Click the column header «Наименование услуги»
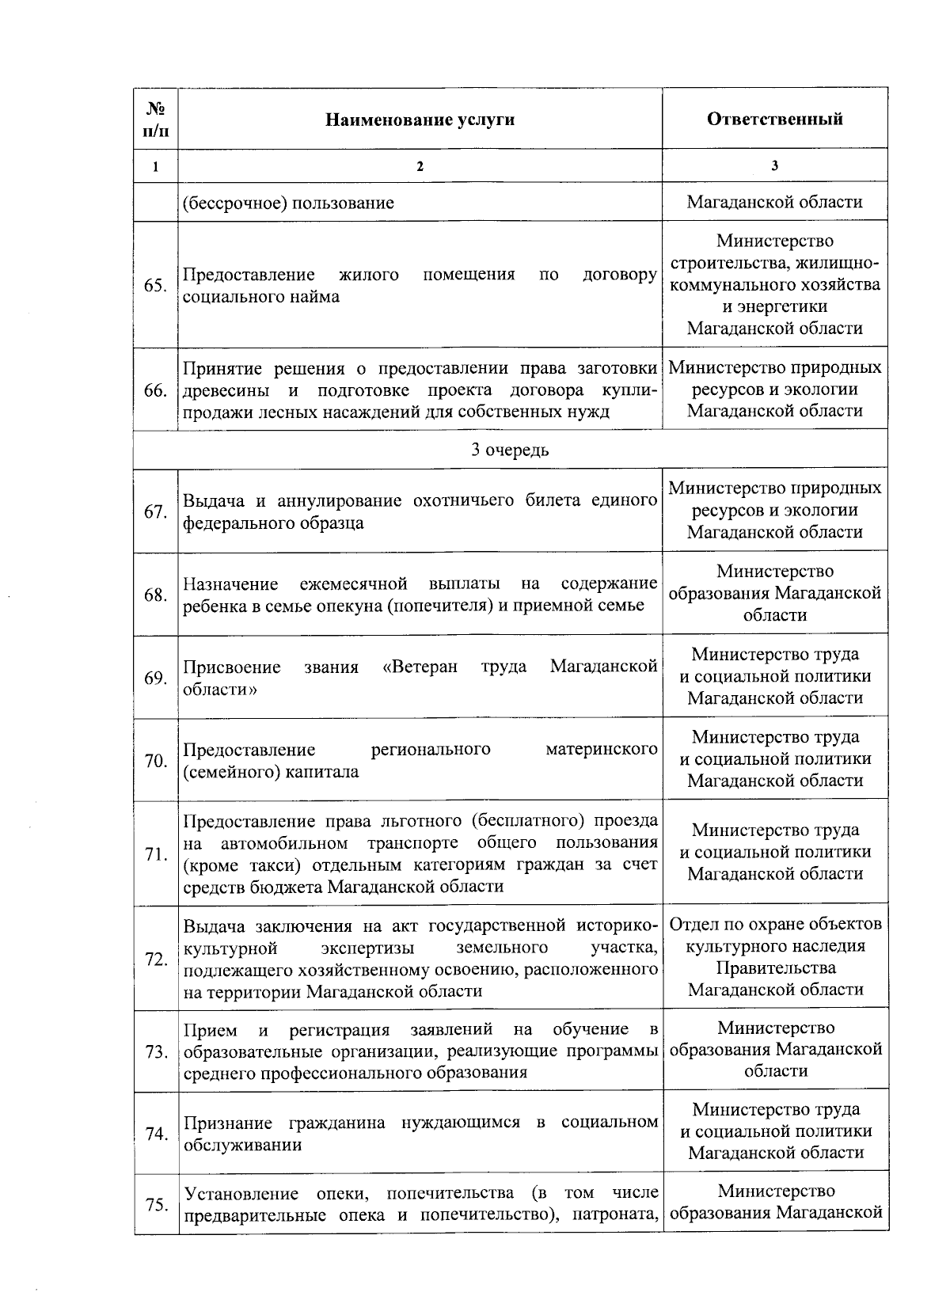420,120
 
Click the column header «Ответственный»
774,119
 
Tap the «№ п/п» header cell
155,119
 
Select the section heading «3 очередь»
510,450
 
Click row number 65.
155,286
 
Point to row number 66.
155,390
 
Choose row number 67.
155,512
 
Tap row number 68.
155,595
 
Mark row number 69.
155,678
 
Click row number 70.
155,761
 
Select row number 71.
155,854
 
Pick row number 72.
155,959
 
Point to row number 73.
155,1052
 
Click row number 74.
155,1134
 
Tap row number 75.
155,1205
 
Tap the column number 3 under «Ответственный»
774,166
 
